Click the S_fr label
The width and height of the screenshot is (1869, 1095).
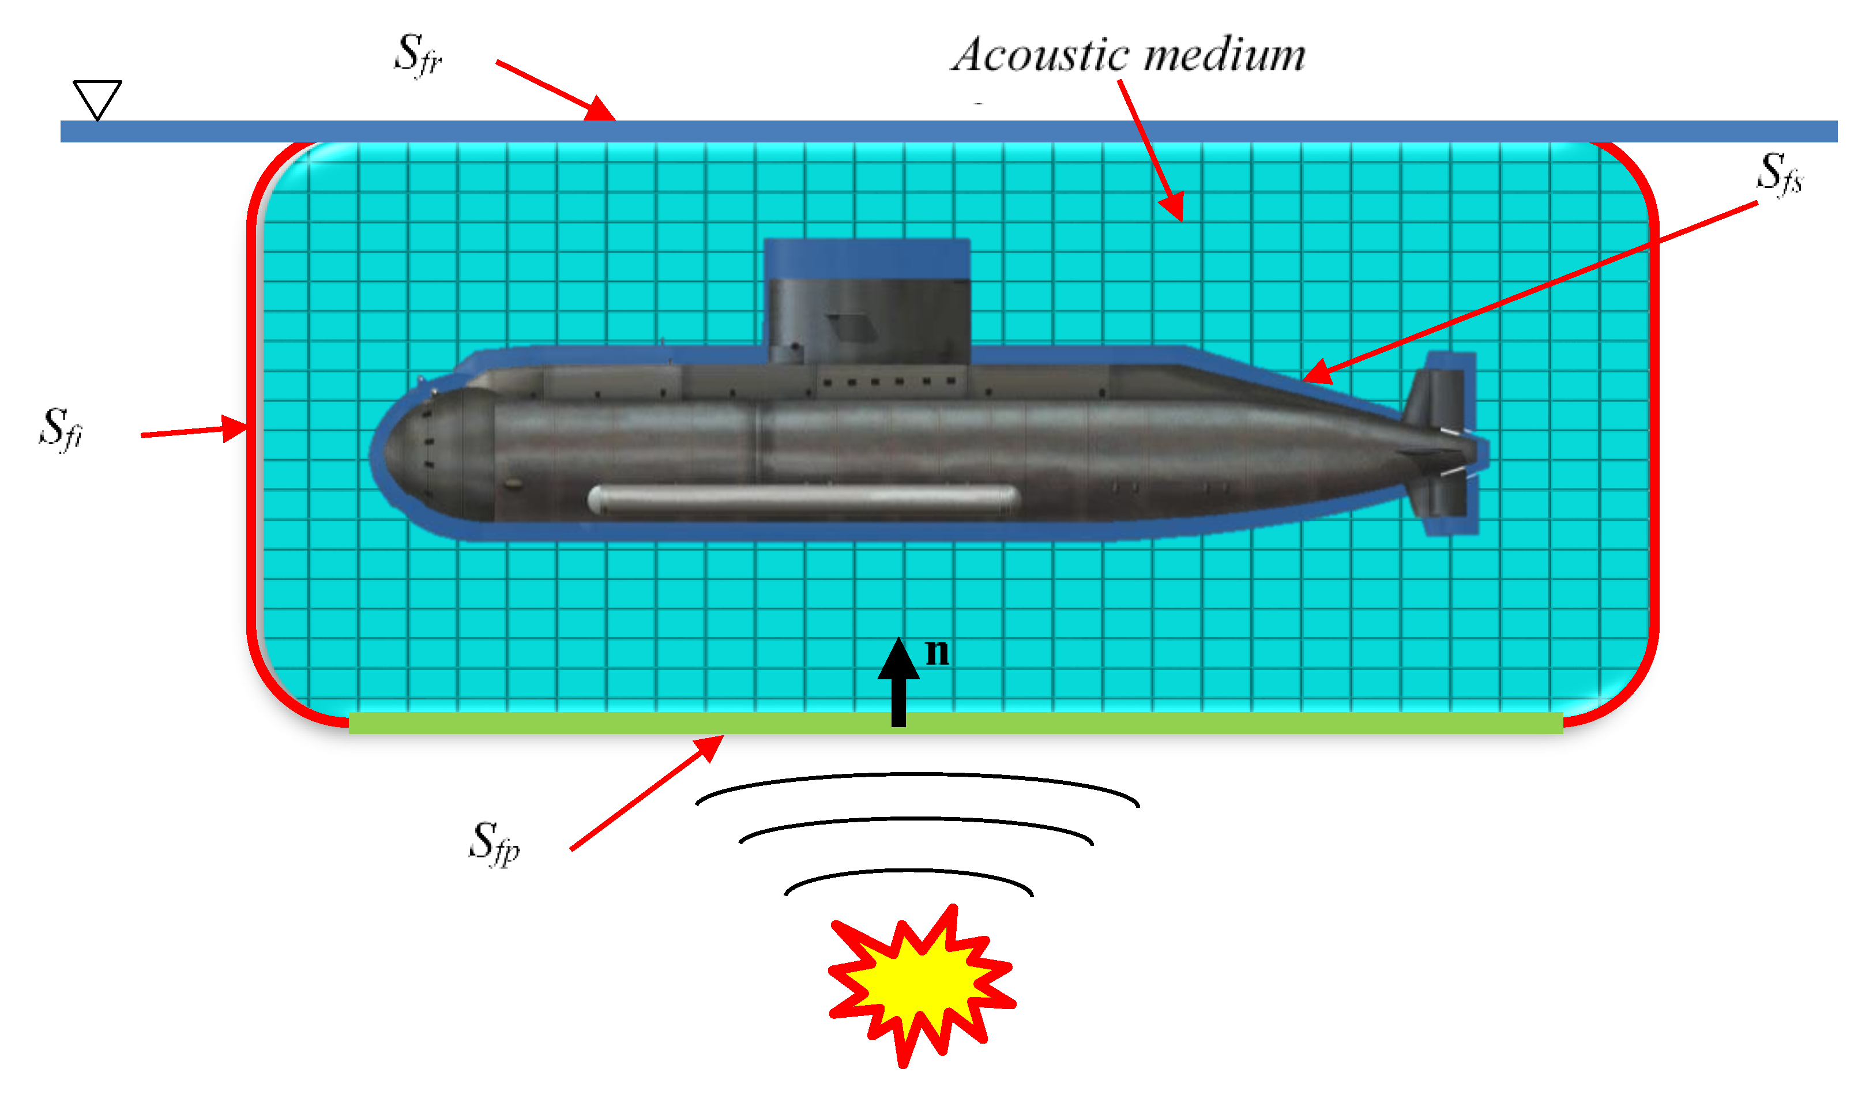[x=418, y=55]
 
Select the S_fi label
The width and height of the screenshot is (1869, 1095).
[x=61, y=428]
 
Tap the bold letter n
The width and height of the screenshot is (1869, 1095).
[x=938, y=652]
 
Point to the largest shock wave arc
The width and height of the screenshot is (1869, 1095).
[x=917, y=778]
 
